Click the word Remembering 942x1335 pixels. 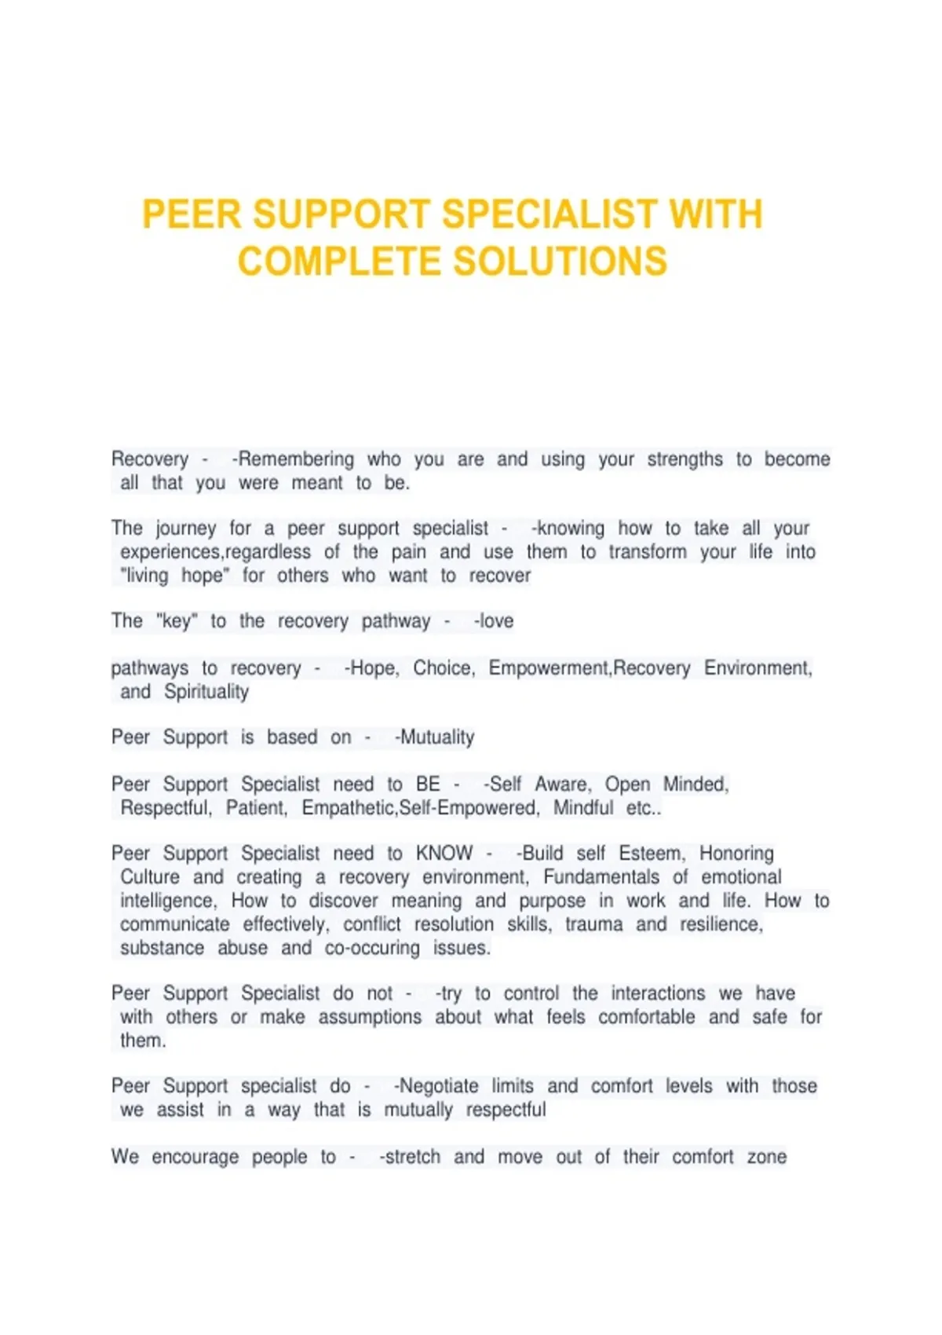[x=296, y=459]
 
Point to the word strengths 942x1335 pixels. [x=685, y=459]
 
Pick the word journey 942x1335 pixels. [x=185, y=529]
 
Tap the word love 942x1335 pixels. [x=496, y=621]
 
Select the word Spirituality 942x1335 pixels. [x=206, y=692]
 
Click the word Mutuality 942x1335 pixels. [x=437, y=737]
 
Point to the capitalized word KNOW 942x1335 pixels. [x=444, y=854]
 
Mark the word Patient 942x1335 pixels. [x=256, y=808]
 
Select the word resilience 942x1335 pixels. [x=721, y=924]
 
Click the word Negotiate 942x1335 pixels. [x=439, y=1086]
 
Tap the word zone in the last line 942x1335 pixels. [x=767, y=1157]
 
